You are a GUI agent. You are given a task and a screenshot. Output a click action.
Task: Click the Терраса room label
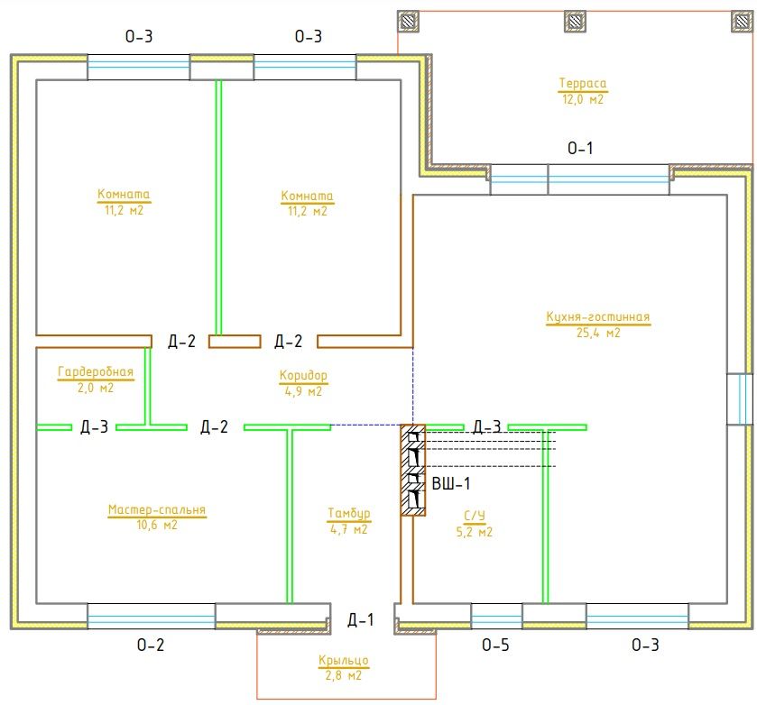tap(582, 84)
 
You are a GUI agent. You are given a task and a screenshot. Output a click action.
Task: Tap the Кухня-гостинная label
tap(597, 317)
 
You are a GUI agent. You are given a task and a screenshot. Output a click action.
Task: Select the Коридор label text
tap(303, 375)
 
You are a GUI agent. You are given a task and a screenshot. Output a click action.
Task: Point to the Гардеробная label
tap(95, 372)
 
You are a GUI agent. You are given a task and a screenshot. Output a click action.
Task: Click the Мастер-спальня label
tap(157, 510)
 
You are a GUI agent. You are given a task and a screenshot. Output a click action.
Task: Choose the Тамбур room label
tap(348, 514)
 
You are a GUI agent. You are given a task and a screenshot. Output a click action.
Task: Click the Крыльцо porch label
tap(343, 661)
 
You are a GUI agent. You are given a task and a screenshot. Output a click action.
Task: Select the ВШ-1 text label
tap(450, 483)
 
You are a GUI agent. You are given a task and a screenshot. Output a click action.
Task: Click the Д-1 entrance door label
tap(360, 620)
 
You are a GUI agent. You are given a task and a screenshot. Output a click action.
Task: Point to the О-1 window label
tap(580, 148)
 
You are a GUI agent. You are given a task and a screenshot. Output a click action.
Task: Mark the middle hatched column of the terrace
tap(574, 20)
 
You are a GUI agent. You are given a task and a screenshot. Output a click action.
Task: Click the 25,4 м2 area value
tap(597, 333)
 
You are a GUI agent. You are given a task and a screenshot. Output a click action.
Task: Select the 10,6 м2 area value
tap(156, 525)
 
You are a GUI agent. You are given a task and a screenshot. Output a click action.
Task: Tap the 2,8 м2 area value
tap(343, 674)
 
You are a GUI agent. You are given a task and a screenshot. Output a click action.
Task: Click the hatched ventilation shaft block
tap(413, 470)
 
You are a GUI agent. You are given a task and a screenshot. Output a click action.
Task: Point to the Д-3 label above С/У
tap(486, 426)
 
